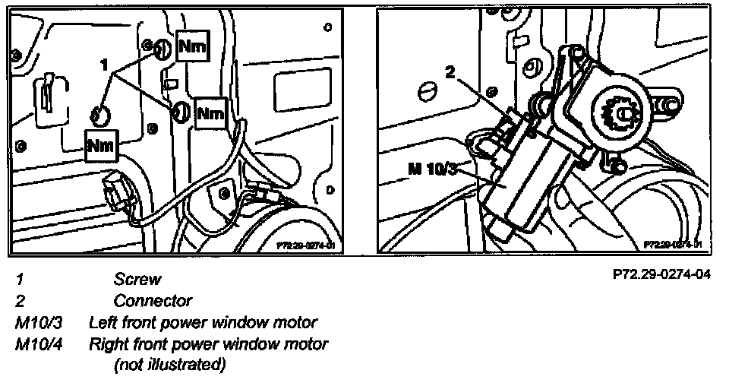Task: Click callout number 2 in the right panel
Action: [450, 74]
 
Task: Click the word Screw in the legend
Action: [137, 279]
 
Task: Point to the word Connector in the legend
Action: [153, 300]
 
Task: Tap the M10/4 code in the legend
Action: [39, 344]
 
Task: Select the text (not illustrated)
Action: [169, 365]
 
